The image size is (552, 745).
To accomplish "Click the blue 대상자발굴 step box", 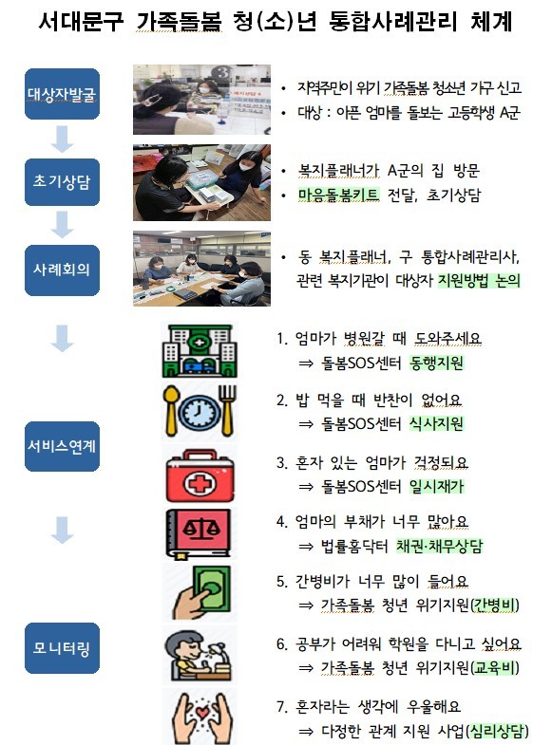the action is click(x=62, y=94).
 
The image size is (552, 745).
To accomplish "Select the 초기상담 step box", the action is click(x=62, y=182).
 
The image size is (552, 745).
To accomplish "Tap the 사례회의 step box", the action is click(x=62, y=270).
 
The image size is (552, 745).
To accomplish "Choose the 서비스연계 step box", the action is click(x=62, y=446).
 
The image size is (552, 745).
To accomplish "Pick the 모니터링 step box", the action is click(x=62, y=648).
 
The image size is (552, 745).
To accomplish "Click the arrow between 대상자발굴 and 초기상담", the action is click(x=62, y=140).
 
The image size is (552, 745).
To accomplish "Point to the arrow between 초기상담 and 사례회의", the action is click(x=62, y=225).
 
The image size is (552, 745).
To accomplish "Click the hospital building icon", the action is click(x=200, y=351).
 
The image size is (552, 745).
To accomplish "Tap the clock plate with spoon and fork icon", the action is click(x=200, y=411).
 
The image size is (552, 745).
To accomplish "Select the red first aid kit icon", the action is click(x=200, y=475).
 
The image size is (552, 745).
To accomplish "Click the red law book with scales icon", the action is click(x=199, y=533).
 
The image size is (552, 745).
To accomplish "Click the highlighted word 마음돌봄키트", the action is click(x=338, y=195).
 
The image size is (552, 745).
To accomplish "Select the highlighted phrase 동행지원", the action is click(x=436, y=363).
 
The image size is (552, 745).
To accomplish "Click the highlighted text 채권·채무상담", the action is click(x=439, y=546).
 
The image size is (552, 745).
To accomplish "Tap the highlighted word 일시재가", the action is click(x=436, y=486).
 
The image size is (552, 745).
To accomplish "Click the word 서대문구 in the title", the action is click(x=81, y=22).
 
